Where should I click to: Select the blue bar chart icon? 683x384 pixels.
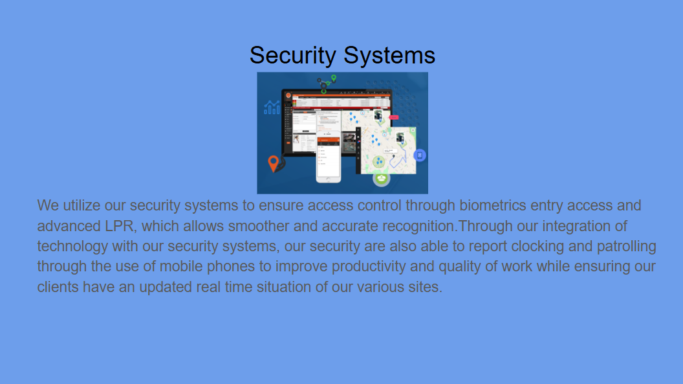(x=272, y=107)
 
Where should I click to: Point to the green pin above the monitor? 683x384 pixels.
(x=334, y=79)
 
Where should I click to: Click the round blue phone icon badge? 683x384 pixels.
(x=420, y=155)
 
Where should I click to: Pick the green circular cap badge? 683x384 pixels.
(x=382, y=177)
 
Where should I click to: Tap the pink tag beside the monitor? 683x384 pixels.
(x=393, y=118)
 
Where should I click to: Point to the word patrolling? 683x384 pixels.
(x=626, y=247)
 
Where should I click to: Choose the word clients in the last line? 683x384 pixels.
(x=58, y=287)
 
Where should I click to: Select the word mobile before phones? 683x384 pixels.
(x=190, y=267)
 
